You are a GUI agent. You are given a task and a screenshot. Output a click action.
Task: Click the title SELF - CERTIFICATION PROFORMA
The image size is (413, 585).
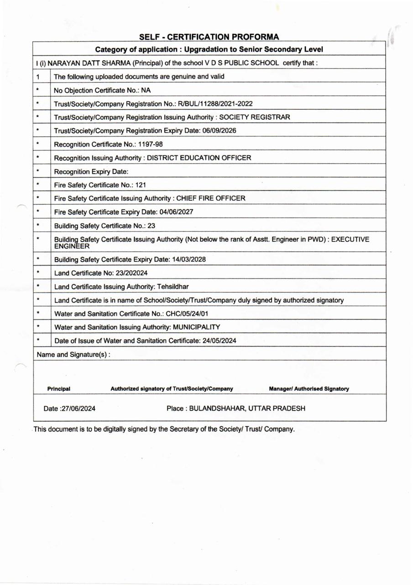click(209, 37)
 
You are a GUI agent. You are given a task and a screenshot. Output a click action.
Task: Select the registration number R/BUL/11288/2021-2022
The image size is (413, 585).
click(215, 104)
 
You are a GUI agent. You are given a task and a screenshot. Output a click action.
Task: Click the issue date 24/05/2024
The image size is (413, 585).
click(218, 340)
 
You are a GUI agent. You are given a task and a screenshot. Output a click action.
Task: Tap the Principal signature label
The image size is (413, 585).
click(59, 389)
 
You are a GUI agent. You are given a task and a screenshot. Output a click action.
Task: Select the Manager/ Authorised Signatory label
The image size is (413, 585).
click(309, 389)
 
